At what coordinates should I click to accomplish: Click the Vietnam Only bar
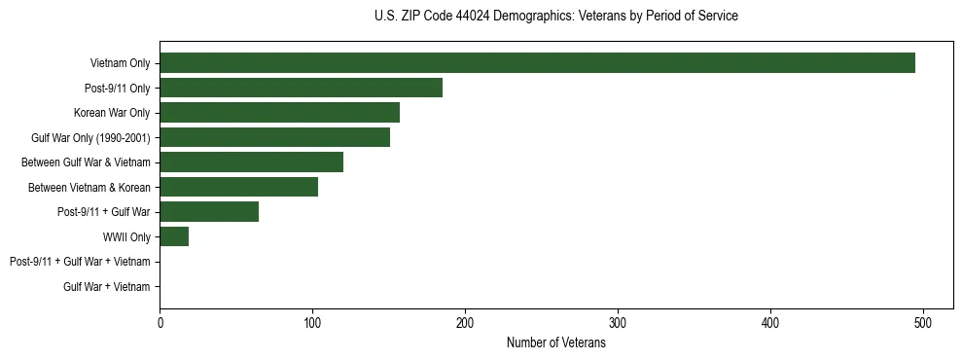[537, 63]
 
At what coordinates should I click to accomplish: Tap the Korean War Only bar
[279, 113]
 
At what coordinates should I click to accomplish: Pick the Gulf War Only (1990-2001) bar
[274, 137]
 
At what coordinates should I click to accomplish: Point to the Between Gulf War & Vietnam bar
[251, 162]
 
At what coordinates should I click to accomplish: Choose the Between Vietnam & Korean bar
[238, 187]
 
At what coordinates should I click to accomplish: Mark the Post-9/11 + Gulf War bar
[208, 212]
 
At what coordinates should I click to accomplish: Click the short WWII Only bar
[174, 236]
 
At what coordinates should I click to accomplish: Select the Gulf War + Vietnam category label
[107, 287]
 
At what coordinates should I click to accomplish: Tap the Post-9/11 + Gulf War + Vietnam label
[80, 262]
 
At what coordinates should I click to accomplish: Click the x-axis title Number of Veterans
[555, 342]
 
